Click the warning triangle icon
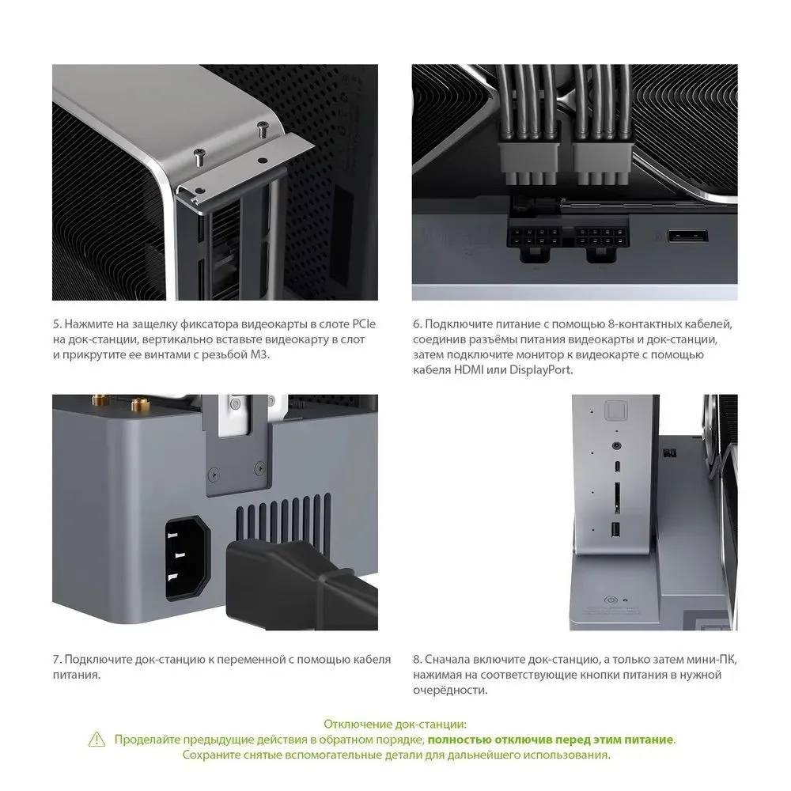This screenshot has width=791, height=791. pos(97,740)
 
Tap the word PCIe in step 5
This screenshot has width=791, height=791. pos(364,324)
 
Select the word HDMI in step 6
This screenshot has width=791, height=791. pos(468,369)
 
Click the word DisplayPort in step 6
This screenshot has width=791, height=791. pos(541,369)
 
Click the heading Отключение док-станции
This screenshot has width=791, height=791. pos(395,725)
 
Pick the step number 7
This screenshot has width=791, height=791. pos(57,660)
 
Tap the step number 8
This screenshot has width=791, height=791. pos(417,660)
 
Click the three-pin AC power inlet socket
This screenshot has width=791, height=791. pos(187,558)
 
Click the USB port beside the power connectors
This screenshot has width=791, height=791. pos(687,236)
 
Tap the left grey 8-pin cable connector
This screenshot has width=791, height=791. pos(529,155)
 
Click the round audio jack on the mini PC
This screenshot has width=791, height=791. pos(616,446)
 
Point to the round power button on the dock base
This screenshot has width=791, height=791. pos(611,601)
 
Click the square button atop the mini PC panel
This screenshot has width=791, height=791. pos(615,410)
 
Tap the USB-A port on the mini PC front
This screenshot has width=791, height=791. pos(615,530)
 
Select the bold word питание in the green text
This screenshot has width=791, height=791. pos(649,740)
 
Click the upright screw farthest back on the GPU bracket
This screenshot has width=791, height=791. pos(263,129)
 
